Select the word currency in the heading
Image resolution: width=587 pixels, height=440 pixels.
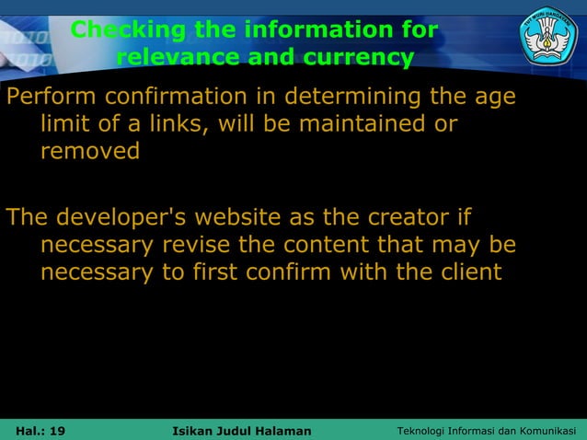point(360,58)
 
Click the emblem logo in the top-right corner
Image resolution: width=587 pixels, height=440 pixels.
point(548,36)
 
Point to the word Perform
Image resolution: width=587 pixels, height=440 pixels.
point(52,97)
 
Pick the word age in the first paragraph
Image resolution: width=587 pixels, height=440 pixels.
point(494,97)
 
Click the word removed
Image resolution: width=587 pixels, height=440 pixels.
point(89,151)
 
